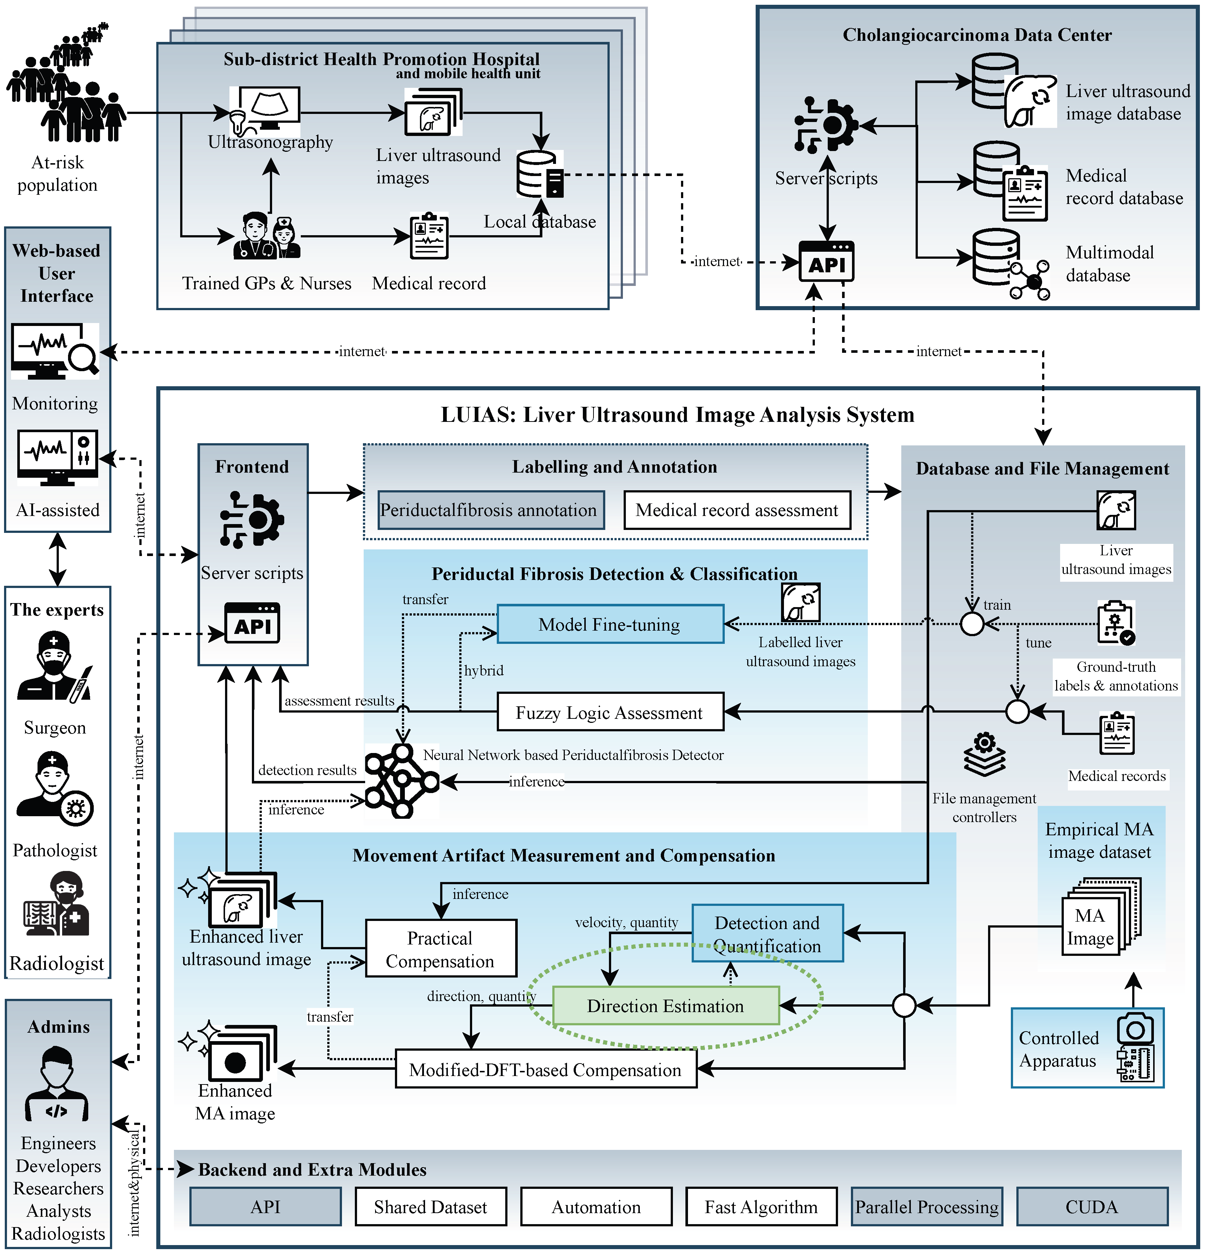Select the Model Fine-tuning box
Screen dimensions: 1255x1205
pyautogui.click(x=610, y=624)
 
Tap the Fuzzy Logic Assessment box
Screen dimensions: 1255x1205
pyautogui.click(x=610, y=712)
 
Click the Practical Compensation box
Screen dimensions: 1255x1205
pyautogui.click(x=441, y=949)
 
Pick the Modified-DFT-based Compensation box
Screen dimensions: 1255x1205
pyautogui.click(x=545, y=1069)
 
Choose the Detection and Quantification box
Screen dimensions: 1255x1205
pyautogui.click(x=767, y=934)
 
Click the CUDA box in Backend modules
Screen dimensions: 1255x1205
pyautogui.click(x=1092, y=1207)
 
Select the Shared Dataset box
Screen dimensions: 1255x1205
pyautogui.click(x=431, y=1207)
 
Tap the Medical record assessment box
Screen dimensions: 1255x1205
pyautogui.click(x=737, y=510)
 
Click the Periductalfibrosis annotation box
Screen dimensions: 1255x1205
pyautogui.click(x=491, y=510)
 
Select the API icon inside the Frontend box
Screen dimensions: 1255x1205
pyautogui.click(x=252, y=623)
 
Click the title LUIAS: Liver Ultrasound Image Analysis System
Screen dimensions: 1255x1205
pyautogui.click(x=677, y=415)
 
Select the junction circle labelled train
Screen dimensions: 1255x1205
pyautogui.click(x=972, y=623)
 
